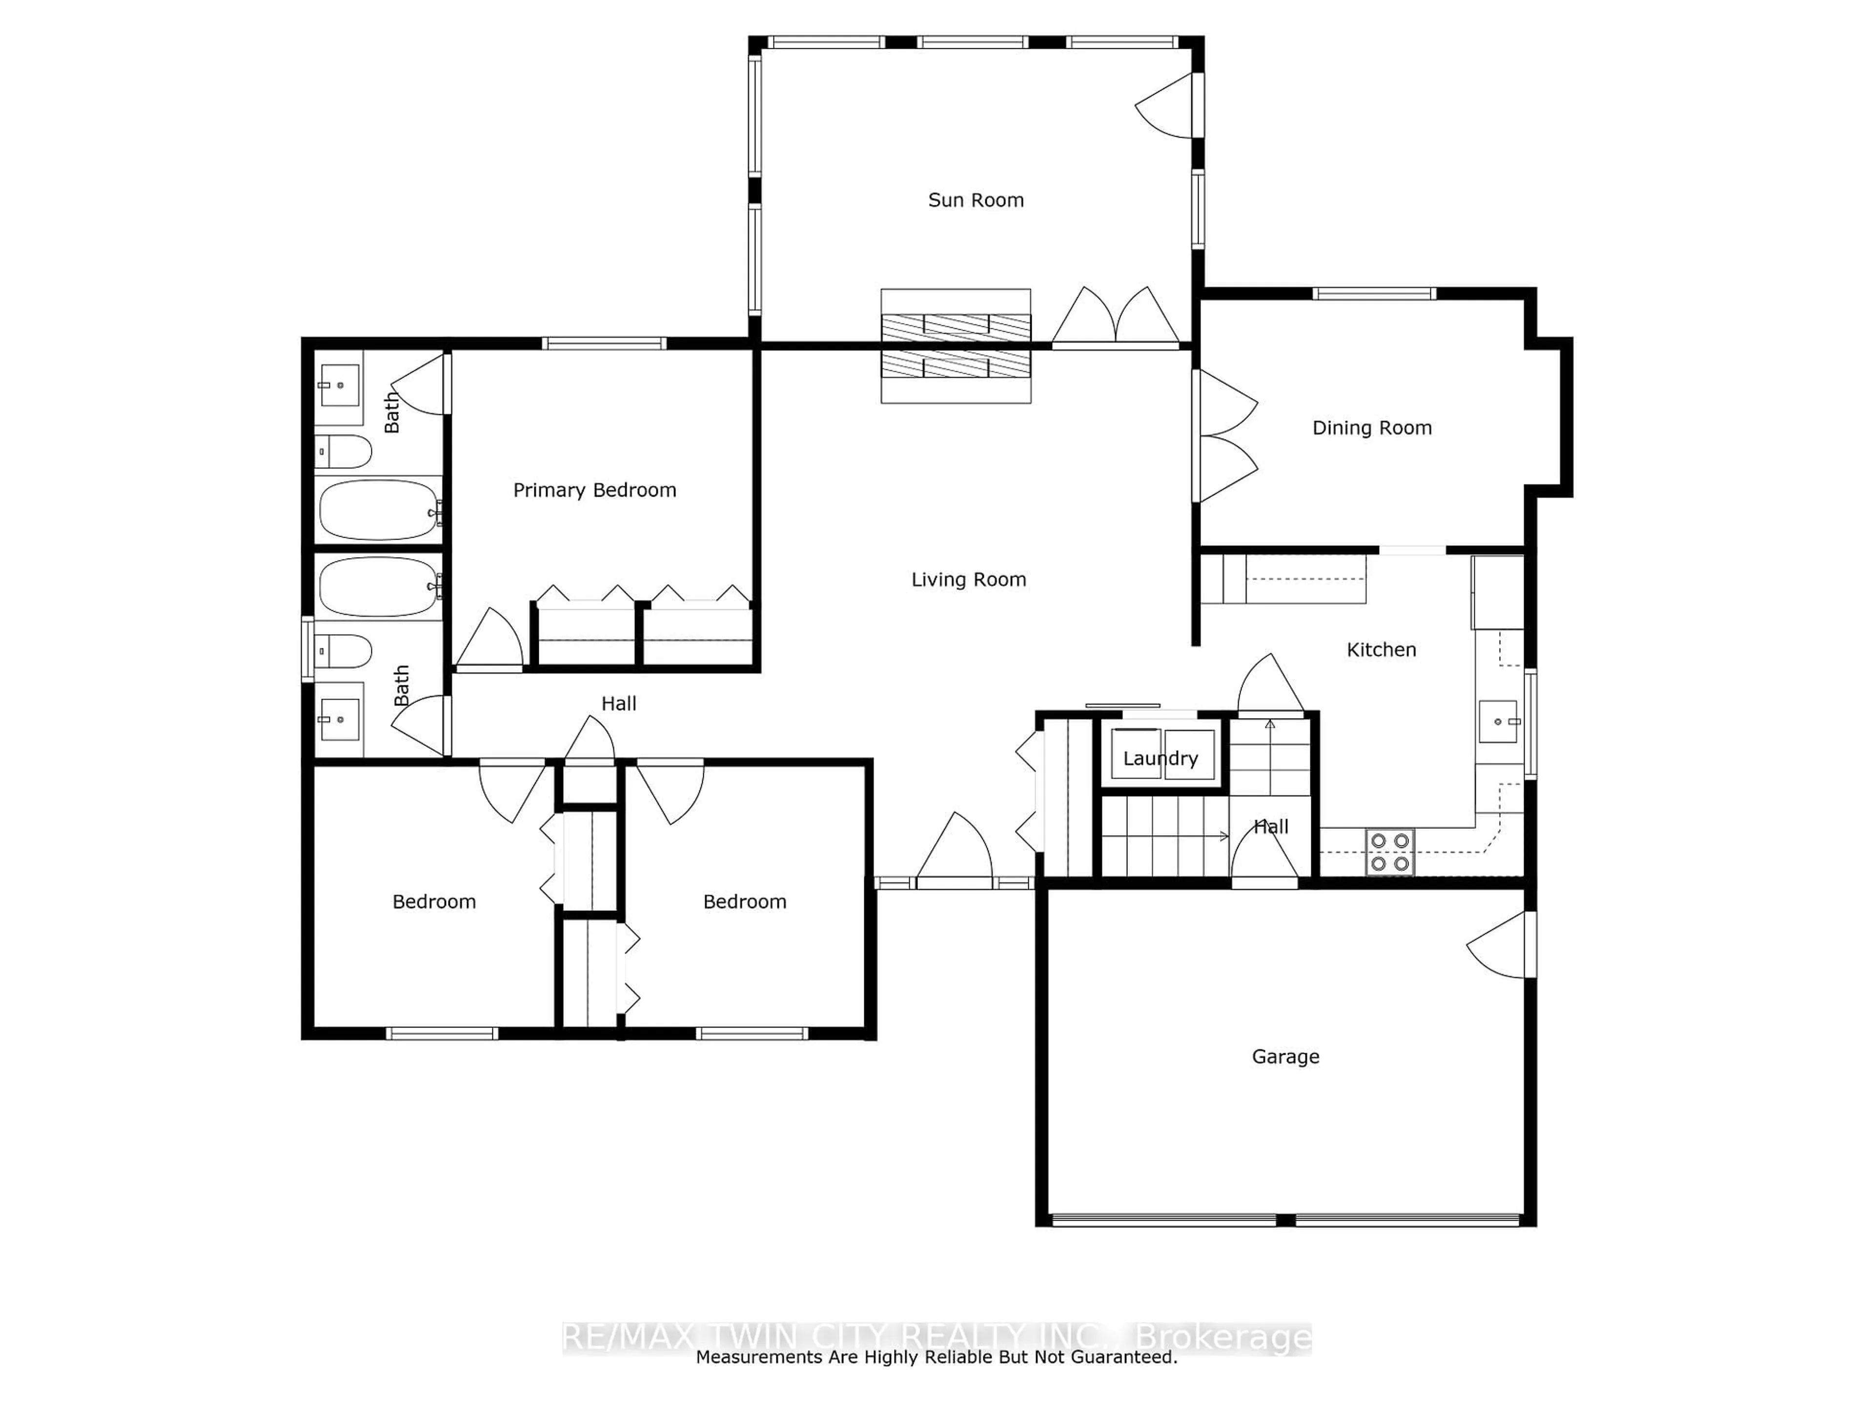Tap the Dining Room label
click(1372, 428)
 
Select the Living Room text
click(968, 579)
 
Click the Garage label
click(1285, 1056)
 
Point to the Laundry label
click(1160, 758)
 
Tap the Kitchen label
click(1381, 650)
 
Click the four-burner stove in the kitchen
click(1389, 852)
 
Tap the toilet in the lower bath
click(343, 651)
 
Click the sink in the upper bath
click(339, 385)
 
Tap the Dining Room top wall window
click(1374, 294)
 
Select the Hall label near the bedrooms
click(618, 703)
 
